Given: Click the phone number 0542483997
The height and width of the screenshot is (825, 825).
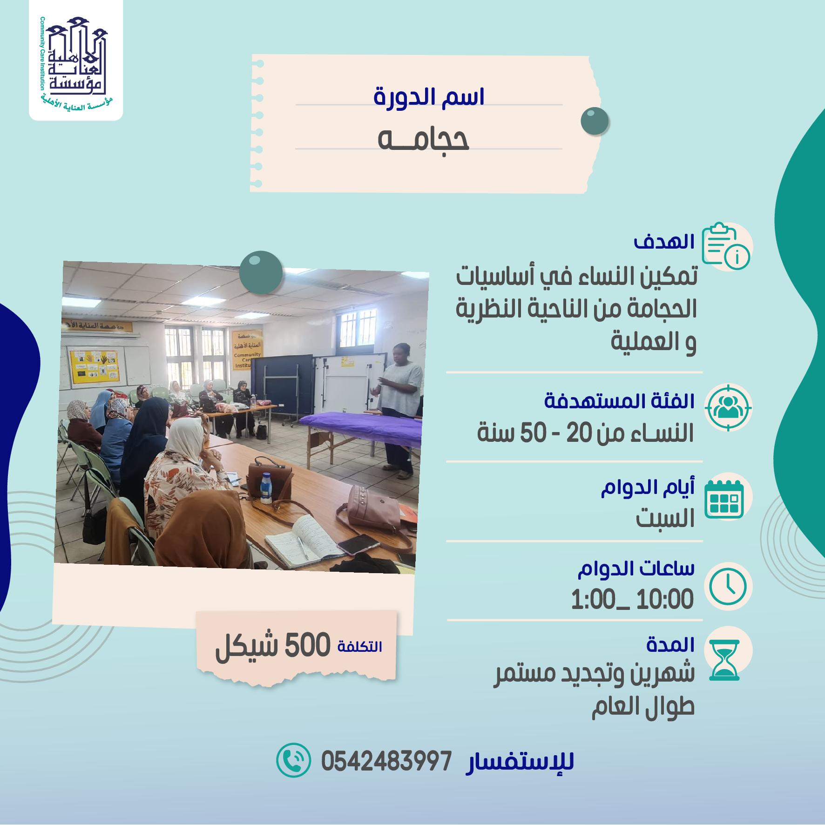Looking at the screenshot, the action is [386, 761].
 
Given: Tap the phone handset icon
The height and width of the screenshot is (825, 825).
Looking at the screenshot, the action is [293, 760].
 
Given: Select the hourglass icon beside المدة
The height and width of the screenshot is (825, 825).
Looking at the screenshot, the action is [725, 660].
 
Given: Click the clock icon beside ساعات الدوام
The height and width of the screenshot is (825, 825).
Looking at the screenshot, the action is [728, 587].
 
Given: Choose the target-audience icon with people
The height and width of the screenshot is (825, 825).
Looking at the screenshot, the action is [728, 407].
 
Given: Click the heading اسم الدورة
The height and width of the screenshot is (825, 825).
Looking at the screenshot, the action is [429, 97].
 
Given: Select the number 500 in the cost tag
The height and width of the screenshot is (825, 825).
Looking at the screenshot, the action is [307, 645].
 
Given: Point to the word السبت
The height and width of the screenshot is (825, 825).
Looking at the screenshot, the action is [665, 518].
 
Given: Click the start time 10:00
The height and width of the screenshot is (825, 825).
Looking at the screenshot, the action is [665, 599].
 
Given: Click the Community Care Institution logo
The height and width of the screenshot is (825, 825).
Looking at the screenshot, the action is [76, 61].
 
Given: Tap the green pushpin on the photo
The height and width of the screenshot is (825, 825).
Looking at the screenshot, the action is [261, 272].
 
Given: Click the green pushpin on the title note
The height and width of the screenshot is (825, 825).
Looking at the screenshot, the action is [595, 121].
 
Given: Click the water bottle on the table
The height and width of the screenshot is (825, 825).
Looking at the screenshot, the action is [266, 488].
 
